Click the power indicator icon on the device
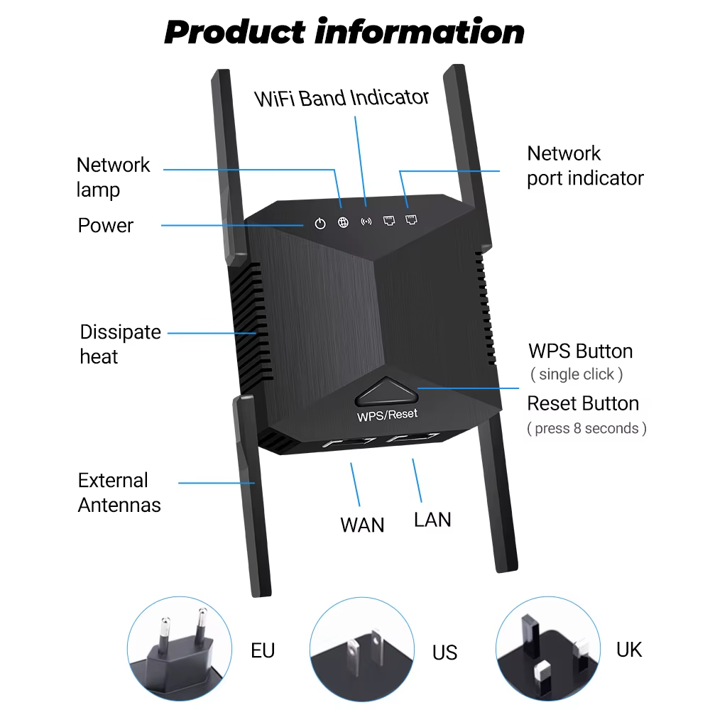point(320,224)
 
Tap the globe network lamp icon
point(344,223)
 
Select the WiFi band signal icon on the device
point(366,222)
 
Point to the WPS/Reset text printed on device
point(388,414)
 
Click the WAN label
point(362,525)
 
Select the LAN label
point(432,520)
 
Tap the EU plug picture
point(179,648)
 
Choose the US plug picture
point(361,648)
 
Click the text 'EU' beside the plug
point(263,650)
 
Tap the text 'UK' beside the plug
point(629,648)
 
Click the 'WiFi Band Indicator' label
point(342,98)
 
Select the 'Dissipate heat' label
point(120,344)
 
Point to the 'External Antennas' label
point(119,493)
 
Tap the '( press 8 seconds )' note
point(586,428)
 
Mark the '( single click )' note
point(577,374)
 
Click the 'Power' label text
point(106,226)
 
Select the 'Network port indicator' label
point(585,166)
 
